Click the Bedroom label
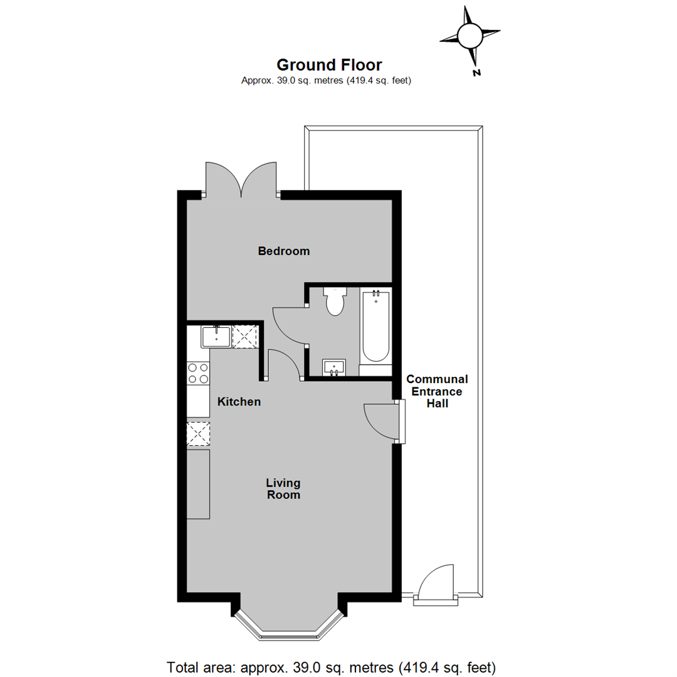coord(284,251)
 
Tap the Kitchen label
coord(239,402)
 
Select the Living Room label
coord(283,489)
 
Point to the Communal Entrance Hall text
coord(437,391)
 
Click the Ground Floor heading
coord(329,65)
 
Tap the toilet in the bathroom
coord(335,300)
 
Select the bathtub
coord(375,327)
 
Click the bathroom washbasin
coord(333,367)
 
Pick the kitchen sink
coord(216,337)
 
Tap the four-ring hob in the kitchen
coord(198,374)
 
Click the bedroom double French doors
coord(241,180)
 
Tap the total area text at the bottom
coord(331,667)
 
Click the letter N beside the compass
coord(476,73)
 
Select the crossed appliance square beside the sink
coord(245,337)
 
